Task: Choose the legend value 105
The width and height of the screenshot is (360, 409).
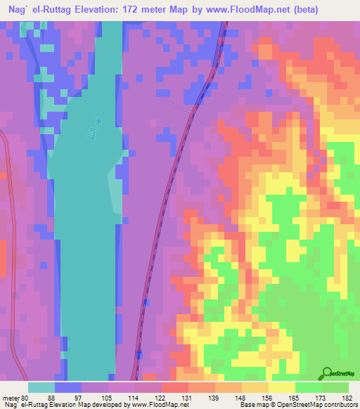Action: point(107,397)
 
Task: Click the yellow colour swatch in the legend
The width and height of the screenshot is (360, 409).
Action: point(282,387)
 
